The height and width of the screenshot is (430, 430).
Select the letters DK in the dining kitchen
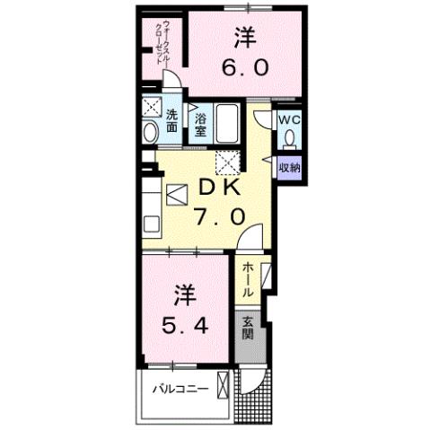click(215, 189)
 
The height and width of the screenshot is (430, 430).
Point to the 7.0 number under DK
click(217, 217)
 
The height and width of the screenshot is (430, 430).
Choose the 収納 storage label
click(288, 166)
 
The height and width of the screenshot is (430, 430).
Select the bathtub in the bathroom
click(225, 123)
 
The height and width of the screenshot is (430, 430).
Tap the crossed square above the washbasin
click(150, 104)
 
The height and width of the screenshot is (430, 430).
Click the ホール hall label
click(248, 280)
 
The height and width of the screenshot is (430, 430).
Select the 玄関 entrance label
click(248, 329)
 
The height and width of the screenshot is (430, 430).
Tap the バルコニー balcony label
click(180, 389)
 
